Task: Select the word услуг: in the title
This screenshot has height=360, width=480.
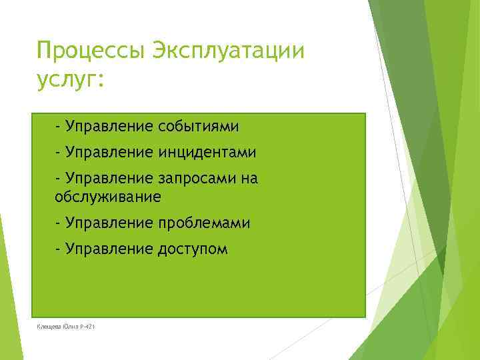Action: (71, 81)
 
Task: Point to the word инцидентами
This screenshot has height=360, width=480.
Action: (207, 153)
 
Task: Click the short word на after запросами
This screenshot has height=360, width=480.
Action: (249, 180)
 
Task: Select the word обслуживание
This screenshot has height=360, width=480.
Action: (108, 197)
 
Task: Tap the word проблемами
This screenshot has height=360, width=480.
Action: (205, 223)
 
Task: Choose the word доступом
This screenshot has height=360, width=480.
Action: (193, 250)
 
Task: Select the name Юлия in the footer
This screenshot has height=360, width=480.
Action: (71, 326)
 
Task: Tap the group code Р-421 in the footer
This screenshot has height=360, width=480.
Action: (87, 326)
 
